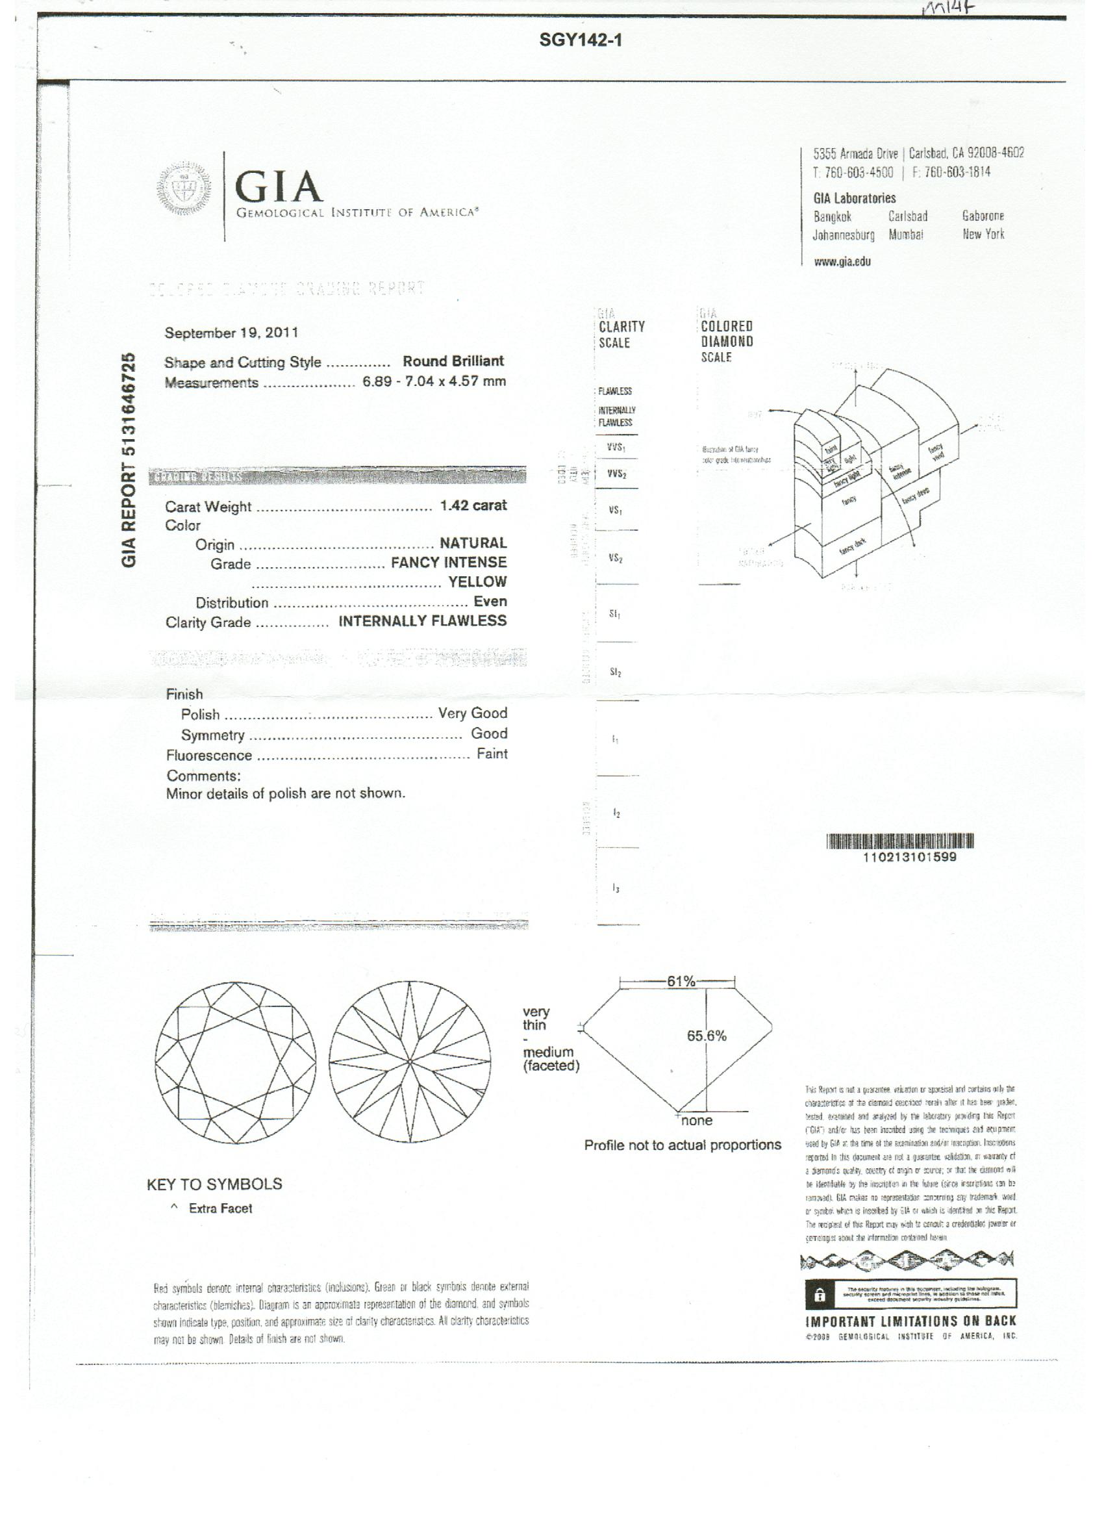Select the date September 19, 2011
232,333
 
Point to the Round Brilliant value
453,362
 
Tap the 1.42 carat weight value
473,505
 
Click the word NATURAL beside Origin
473,543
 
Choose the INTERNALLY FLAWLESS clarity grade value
423,621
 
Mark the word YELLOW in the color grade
477,581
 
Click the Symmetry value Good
489,734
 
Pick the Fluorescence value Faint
492,754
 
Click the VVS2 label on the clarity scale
616,474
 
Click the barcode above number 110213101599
901,842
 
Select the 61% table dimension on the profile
681,982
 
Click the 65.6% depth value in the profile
707,1036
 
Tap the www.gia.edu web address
842,262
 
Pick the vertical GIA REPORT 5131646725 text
130,459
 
